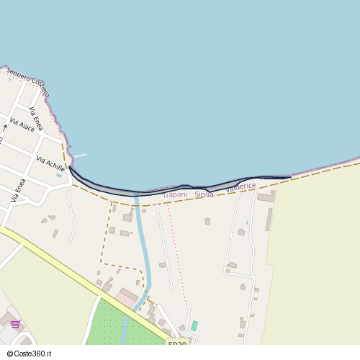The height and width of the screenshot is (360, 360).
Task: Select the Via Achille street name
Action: tap(50, 164)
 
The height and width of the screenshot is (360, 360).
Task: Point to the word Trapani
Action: tap(175, 194)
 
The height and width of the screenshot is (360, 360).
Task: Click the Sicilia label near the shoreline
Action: tap(204, 194)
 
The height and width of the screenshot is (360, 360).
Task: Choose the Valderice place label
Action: tap(240, 186)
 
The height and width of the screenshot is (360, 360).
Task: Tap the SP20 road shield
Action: tap(177, 344)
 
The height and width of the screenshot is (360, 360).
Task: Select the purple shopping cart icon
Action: tap(15, 324)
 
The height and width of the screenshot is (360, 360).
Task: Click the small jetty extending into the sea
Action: tap(78, 156)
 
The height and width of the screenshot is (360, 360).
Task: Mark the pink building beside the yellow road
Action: tap(128, 297)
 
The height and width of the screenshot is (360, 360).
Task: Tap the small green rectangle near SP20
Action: tap(194, 325)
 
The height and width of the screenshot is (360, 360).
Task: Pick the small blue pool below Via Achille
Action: tap(59, 175)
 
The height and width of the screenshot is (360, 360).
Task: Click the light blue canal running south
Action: tap(142, 245)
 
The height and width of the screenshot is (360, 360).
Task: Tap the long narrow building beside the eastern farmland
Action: tap(269, 219)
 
